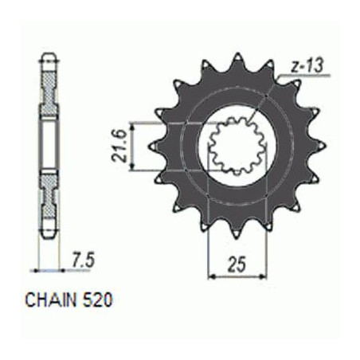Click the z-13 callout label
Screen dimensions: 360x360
(307, 66)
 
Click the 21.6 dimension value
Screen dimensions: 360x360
(119, 146)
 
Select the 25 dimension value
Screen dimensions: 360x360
(237, 264)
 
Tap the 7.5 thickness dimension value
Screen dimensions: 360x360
(83, 260)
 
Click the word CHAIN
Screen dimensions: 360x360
(50, 300)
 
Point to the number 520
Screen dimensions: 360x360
(98, 300)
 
